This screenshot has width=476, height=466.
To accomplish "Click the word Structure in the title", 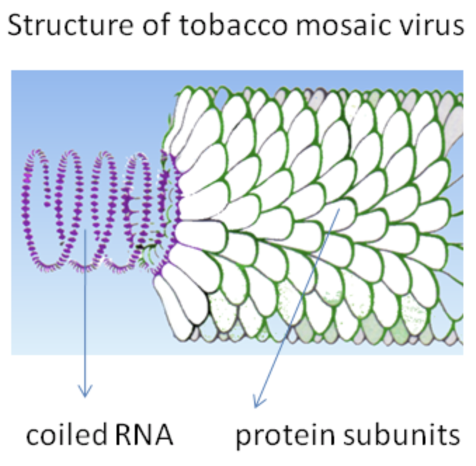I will pos(67,26).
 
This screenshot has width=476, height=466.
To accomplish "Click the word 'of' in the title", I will pos(142,26).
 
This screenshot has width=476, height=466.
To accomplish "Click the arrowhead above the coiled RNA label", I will pos(85,392).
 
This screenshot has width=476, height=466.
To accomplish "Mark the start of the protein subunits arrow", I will pos(340,208).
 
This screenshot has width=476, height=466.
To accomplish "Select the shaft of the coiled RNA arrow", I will pos(85,309).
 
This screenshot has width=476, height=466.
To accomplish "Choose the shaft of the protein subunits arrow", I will pos(298,306).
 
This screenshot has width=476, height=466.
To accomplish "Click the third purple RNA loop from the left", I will pos(109,211).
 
